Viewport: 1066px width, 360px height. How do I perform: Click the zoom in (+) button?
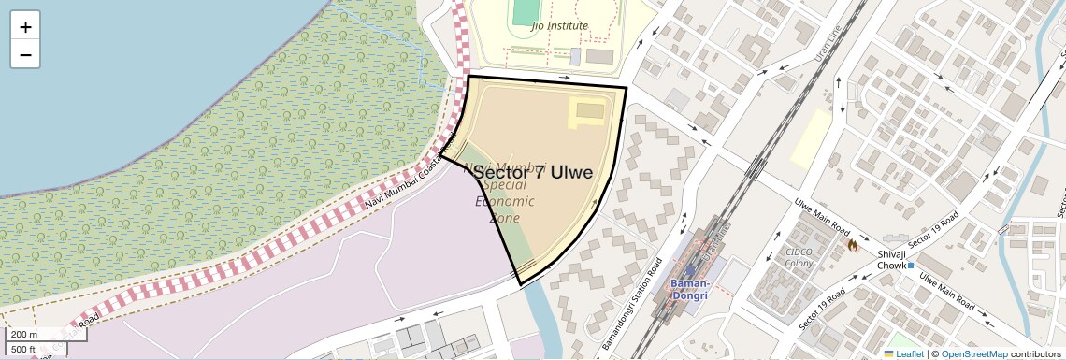25,26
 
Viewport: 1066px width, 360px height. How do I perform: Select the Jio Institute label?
559,25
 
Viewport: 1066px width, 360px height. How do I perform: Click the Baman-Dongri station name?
691,289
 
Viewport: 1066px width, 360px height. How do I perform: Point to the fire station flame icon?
853,245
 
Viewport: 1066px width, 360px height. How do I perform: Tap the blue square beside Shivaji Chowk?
911,266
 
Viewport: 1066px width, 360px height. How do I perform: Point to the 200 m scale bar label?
24,335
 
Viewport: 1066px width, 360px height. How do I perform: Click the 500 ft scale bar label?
23,350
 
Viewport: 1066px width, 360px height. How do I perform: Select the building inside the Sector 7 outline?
590,111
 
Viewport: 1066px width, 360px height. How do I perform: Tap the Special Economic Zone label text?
505,201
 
